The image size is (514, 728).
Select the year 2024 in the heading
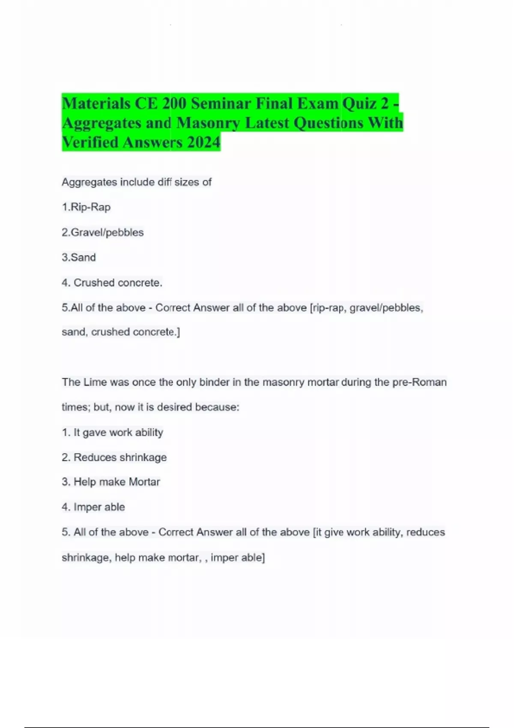tap(203, 142)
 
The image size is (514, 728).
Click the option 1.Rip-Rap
tap(86, 207)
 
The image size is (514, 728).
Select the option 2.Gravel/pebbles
tap(102, 233)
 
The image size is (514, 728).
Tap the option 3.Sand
tap(79, 257)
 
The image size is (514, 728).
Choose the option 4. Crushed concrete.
tap(112, 283)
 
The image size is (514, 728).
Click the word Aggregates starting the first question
tap(89, 182)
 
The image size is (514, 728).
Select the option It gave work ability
tap(118, 433)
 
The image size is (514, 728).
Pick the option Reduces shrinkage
tap(120, 457)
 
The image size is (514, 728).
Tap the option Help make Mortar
tap(117, 482)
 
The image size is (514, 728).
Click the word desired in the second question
tap(174, 407)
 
